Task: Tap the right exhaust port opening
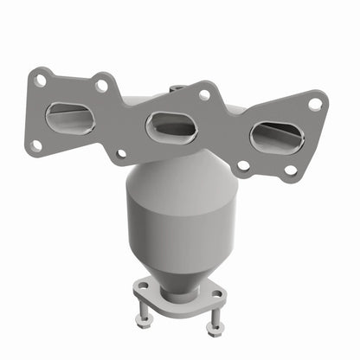click(276, 136)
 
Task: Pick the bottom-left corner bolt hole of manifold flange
click(35, 145)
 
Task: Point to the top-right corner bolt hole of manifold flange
click(314, 103)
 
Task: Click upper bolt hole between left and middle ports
click(102, 86)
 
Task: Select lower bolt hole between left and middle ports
click(121, 154)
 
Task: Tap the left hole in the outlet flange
click(142, 282)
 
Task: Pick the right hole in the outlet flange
click(215, 295)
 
